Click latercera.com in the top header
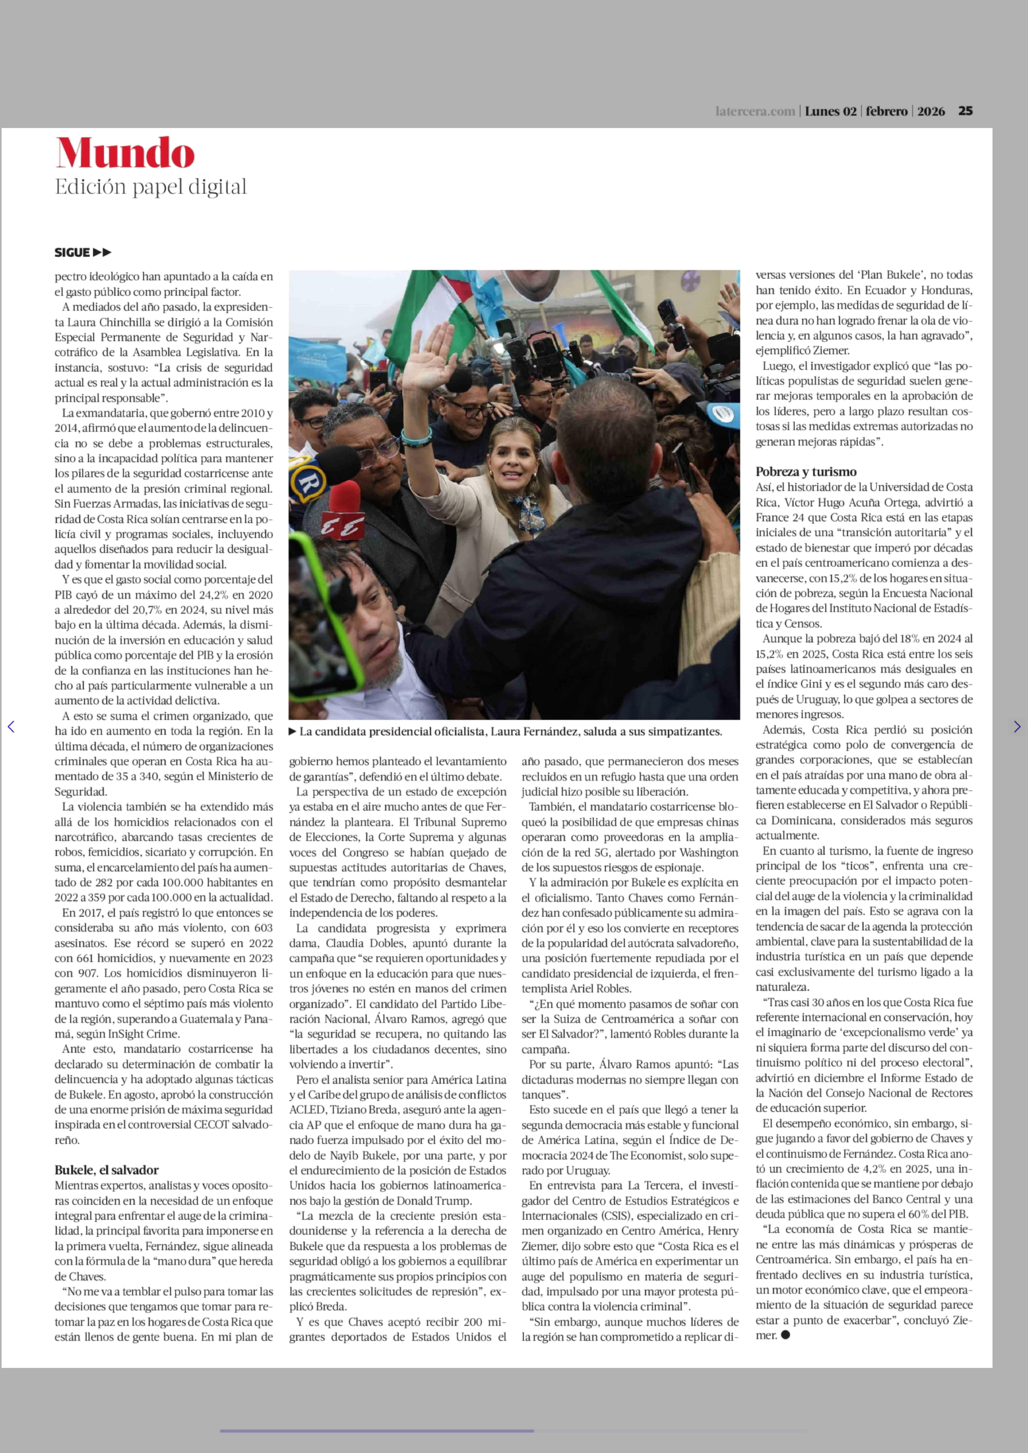coord(755,111)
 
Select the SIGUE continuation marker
coord(82,252)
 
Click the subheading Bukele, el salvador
coord(106,1170)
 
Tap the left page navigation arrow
coord(11,727)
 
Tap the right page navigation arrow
coord(1017,727)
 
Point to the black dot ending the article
coord(786,1335)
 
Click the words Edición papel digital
coord(151,187)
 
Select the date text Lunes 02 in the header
coord(830,111)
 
